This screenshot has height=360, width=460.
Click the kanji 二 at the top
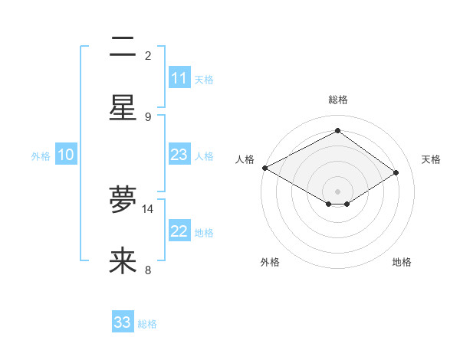pyautogui.click(x=123, y=48)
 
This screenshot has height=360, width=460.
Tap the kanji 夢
pyautogui.click(x=123, y=201)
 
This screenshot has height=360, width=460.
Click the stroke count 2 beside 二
pyautogui.click(x=148, y=55)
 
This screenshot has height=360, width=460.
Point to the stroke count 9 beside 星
pyautogui.click(x=148, y=116)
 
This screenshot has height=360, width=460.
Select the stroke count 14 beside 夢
pyautogui.click(x=148, y=208)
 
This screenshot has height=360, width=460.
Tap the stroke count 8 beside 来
pyautogui.click(x=148, y=270)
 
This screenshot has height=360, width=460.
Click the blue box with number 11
pyautogui.click(x=179, y=78)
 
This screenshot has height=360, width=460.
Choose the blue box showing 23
pyautogui.click(x=179, y=155)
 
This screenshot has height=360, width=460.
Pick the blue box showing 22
pyautogui.click(x=179, y=231)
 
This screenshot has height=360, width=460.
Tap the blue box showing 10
pyautogui.click(x=66, y=155)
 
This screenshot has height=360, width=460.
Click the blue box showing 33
pyautogui.click(x=123, y=322)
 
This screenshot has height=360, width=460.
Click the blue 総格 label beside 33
pyautogui.click(x=147, y=324)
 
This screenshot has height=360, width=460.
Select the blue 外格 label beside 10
pyautogui.click(x=41, y=156)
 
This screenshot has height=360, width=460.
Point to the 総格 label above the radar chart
pyautogui.click(x=337, y=100)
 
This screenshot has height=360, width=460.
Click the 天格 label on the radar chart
pyautogui.click(x=431, y=159)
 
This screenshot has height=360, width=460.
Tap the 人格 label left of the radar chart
pyautogui.click(x=245, y=159)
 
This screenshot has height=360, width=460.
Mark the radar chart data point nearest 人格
pyautogui.click(x=264, y=168)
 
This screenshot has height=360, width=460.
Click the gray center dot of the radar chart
pyautogui.click(x=337, y=191)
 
